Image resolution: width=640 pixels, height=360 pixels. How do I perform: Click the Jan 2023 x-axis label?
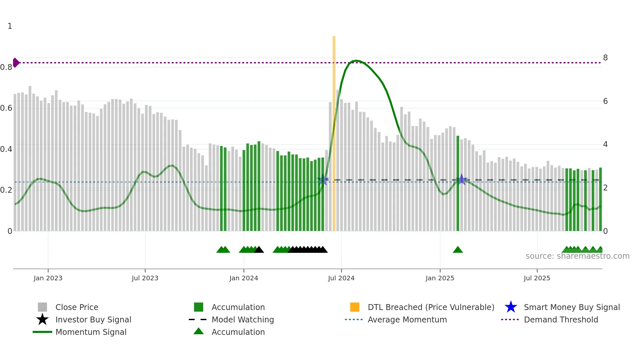click(x=48, y=278)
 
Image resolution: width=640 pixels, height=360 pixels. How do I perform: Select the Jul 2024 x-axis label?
click(x=341, y=278)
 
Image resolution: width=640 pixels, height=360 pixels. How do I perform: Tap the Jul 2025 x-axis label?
click(x=537, y=278)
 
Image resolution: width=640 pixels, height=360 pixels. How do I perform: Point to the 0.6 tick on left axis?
click(x=6, y=108)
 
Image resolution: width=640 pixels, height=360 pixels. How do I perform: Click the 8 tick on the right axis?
click(x=605, y=58)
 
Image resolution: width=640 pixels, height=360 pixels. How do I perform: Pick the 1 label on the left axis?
click(x=10, y=26)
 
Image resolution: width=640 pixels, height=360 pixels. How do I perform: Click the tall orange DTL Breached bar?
click(x=334, y=131)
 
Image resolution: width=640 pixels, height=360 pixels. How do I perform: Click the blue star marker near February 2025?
click(x=461, y=179)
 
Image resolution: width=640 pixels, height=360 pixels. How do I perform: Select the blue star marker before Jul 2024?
click(x=323, y=180)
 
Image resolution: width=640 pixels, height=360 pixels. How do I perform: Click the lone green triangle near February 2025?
click(x=458, y=250)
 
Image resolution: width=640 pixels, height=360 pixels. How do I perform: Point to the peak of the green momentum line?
click(x=356, y=61)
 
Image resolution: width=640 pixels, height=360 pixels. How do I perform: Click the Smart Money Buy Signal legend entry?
click(x=571, y=307)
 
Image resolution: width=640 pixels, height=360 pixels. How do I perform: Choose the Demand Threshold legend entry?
click(x=561, y=319)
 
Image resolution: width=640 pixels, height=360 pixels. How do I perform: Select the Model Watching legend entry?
click(x=242, y=319)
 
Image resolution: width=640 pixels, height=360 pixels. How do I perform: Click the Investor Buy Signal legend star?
click(x=42, y=319)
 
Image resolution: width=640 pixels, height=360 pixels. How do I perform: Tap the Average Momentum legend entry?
click(x=407, y=319)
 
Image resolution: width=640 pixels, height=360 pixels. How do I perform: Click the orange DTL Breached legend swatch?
click(x=355, y=307)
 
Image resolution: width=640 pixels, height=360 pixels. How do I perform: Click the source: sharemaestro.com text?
click(x=577, y=256)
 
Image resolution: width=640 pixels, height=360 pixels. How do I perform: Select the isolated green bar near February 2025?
click(x=458, y=183)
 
